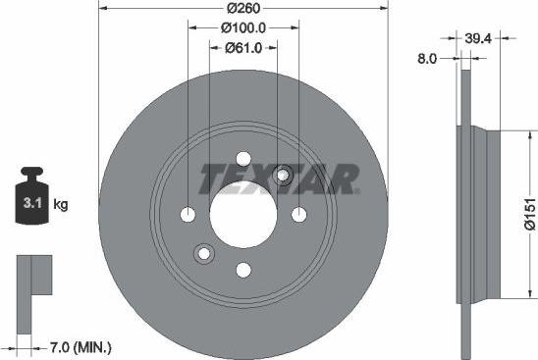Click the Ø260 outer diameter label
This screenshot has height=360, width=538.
coord(243,8)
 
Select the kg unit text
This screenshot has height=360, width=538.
coord(60,205)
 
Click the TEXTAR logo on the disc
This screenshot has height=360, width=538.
coord(279,179)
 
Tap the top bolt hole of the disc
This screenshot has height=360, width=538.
coord(243,159)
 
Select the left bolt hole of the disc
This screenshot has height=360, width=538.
coord(188,215)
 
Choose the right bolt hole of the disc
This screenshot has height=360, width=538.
coord(299,215)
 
